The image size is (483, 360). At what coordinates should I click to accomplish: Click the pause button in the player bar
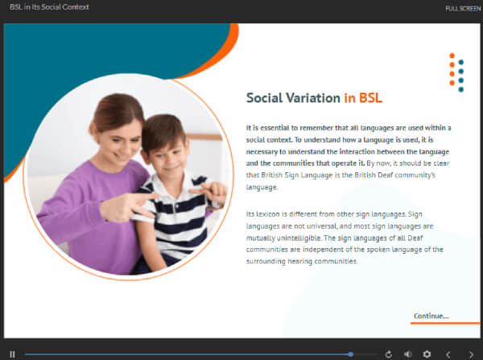(x=12, y=354)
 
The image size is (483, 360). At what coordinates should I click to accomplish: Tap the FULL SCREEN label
(x=463, y=9)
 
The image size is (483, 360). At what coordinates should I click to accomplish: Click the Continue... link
(x=431, y=316)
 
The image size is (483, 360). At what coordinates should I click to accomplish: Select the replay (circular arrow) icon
(x=389, y=354)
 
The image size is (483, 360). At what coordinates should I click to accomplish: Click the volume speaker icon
(x=408, y=354)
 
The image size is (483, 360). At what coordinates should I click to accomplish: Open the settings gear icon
(x=427, y=354)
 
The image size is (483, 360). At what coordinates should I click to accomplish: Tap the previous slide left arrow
(x=448, y=354)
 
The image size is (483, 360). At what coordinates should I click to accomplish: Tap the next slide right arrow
(x=471, y=354)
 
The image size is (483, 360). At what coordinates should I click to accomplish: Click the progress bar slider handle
(x=350, y=354)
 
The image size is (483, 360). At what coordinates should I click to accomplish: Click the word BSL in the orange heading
(x=370, y=98)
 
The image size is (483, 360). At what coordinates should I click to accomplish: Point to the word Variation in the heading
(x=313, y=98)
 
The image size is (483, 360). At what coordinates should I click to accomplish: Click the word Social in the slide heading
(x=264, y=98)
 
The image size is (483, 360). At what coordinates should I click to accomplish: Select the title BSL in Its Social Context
(x=49, y=7)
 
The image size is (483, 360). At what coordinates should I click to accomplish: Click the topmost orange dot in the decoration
(x=452, y=56)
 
